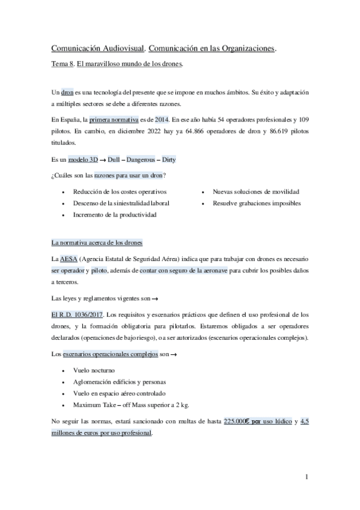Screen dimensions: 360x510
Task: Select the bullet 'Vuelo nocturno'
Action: pyautogui.click(x=93, y=370)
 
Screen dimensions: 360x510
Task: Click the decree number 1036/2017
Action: pyautogui.click(x=88, y=315)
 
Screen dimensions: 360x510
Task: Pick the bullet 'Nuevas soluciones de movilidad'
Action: pyautogui.click(x=255, y=191)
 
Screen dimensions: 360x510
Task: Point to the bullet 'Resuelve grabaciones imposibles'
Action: pyautogui.click(x=256, y=203)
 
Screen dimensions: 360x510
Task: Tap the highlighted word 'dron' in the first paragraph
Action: pyautogui.click(x=67, y=94)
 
